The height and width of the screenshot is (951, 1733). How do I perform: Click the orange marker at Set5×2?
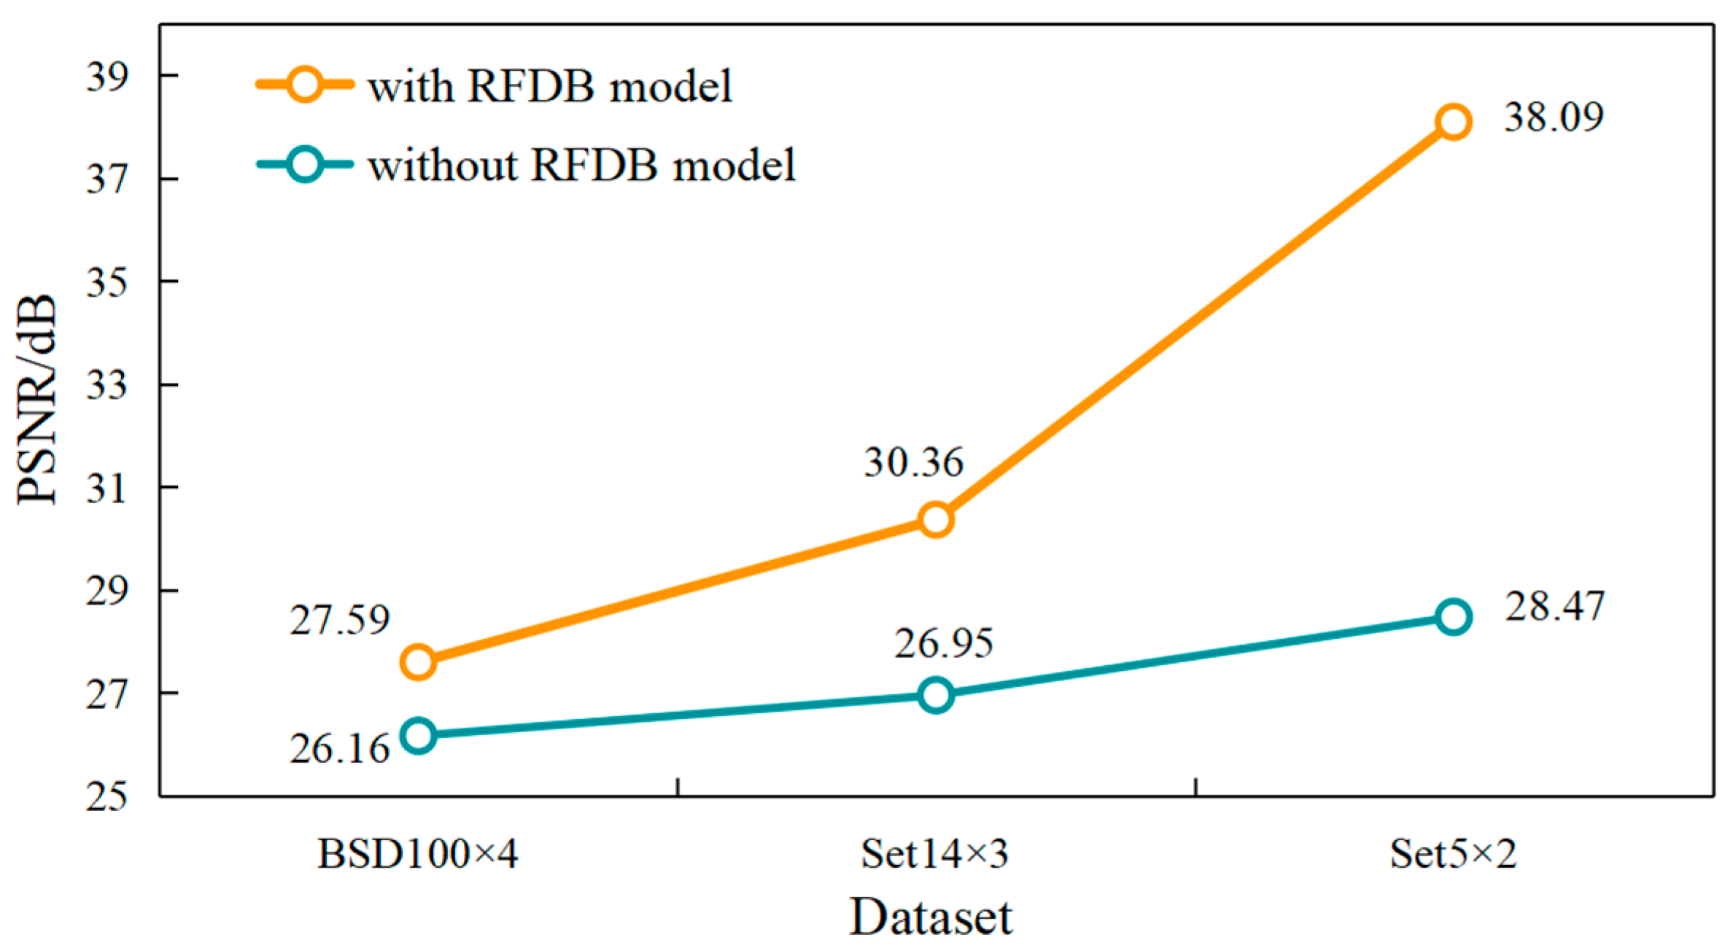pyautogui.click(x=1452, y=122)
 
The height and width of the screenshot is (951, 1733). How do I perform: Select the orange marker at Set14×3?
pyautogui.click(x=935, y=519)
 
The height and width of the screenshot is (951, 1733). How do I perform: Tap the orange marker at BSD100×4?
pyautogui.click(x=419, y=662)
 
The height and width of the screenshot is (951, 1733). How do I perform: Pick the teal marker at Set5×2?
pyautogui.click(x=1452, y=617)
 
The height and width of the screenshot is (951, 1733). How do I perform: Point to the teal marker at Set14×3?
pyautogui.click(x=935, y=695)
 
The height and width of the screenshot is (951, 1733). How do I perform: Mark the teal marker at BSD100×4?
pyautogui.click(x=419, y=735)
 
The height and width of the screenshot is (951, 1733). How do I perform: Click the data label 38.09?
pyautogui.click(x=1554, y=117)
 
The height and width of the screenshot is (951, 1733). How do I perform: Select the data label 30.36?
pyautogui.click(x=913, y=462)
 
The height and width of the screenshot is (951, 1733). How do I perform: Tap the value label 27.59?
pyautogui.click(x=339, y=620)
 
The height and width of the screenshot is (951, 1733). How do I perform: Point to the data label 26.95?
pyautogui.click(x=943, y=643)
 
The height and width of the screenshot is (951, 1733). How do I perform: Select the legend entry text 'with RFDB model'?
pyautogui.click(x=550, y=86)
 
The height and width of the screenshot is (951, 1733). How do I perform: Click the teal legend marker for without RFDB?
pyautogui.click(x=304, y=164)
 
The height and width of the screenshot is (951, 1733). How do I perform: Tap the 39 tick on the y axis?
pyautogui.click(x=106, y=77)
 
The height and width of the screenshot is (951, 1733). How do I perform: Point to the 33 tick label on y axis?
pyautogui.click(x=106, y=384)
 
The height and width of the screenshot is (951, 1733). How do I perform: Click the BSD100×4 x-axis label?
pyautogui.click(x=418, y=854)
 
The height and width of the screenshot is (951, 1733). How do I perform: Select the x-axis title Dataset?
pyautogui.click(x=931, y=917)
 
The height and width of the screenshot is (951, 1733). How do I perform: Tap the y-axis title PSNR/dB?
pyautogui.click(x=36, y=399)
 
